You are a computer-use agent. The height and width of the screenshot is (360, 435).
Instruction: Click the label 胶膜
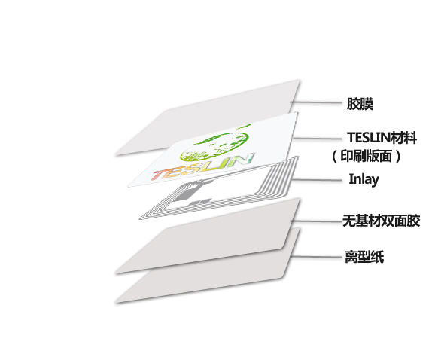[360, 104]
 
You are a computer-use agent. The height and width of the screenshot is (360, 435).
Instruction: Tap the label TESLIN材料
[382, 137]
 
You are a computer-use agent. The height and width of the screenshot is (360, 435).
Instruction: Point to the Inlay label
[364, 179]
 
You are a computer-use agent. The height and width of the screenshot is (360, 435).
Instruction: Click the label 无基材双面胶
[381, 221]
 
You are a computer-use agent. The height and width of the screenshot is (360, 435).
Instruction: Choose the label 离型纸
[364, 257]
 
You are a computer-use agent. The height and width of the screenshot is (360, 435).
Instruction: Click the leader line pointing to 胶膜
[316, 102]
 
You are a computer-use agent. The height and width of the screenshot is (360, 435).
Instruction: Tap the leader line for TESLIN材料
[318, 139]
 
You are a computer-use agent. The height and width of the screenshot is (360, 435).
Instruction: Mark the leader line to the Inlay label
[317, 180]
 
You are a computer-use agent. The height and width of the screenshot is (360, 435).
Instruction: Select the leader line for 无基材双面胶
[317, 221]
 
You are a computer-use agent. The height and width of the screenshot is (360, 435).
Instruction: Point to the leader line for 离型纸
[316, 257]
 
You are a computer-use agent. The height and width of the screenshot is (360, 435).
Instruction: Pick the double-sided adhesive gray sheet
[208, 236]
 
